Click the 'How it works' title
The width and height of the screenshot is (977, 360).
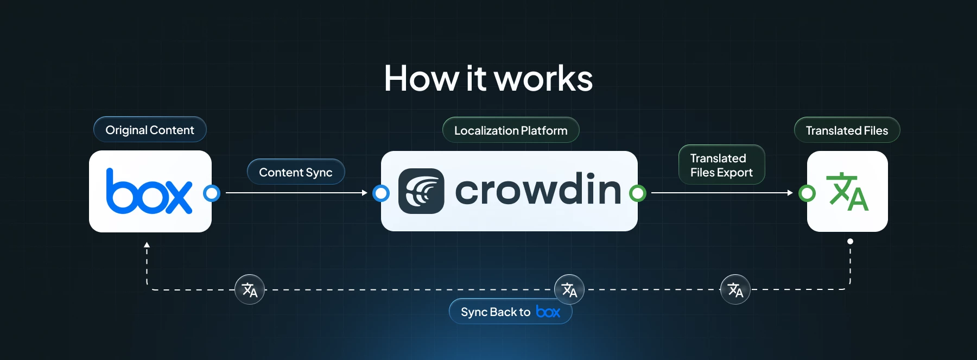point(488,79)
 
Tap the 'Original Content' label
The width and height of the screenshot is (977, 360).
point(150,130)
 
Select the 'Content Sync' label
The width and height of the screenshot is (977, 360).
point(296,172)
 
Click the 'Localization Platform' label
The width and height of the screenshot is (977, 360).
point(511,130)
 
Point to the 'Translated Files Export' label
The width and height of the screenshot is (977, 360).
point(721,165)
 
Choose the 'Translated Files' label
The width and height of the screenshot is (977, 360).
point(847,130)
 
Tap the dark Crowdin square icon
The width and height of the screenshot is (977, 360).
point(421,191)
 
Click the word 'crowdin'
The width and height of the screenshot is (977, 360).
point(538,190)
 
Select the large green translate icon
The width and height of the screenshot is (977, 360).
point(847,192)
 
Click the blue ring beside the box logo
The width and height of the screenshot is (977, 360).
point(212,193)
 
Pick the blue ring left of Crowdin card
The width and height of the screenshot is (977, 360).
point(381,193)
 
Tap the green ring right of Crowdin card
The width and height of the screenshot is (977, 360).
point(638,193)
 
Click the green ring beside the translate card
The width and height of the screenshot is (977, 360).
point(807,193)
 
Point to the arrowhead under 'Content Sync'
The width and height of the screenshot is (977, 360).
point(365,193)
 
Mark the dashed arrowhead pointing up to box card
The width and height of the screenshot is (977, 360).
point(147,245)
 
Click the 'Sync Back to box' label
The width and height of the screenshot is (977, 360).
point(510,312)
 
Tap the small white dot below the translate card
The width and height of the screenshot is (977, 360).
point(850,241)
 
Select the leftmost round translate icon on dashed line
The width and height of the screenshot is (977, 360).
point(250,289)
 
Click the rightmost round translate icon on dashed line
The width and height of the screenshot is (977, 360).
point(735,289)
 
